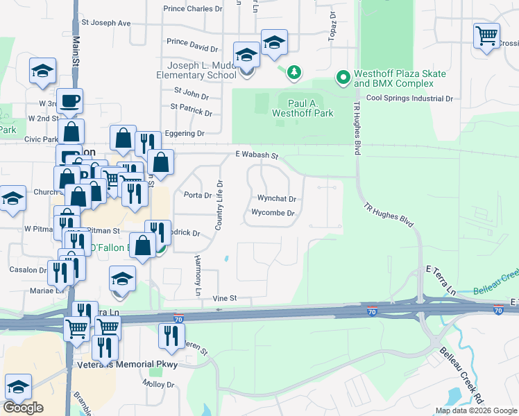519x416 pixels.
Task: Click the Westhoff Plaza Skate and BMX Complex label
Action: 393,78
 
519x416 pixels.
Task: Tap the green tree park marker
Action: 294,71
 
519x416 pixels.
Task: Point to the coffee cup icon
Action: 70,101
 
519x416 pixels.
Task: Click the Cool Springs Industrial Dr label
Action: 409,98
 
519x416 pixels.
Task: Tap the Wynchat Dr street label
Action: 277,198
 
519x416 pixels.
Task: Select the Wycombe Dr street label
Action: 273,213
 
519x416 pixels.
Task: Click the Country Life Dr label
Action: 219,205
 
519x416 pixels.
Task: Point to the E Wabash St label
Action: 256,155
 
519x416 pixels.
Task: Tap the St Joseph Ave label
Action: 105,23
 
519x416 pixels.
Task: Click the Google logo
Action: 24,408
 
